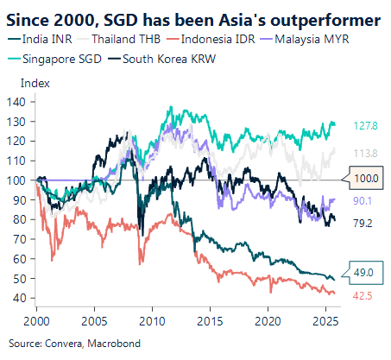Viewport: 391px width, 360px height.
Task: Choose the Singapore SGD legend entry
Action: tap(56, 59)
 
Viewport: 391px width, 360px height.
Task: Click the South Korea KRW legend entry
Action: tap(163, 59)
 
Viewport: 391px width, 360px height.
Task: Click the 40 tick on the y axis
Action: tap(22, 298)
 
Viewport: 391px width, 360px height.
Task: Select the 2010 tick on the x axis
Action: tap(152, 317)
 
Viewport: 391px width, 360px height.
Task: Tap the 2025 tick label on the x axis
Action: tap(326, 317)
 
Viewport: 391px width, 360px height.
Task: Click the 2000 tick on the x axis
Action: tap(36, 317)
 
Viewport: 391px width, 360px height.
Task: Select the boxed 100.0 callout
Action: tap(367, 180)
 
